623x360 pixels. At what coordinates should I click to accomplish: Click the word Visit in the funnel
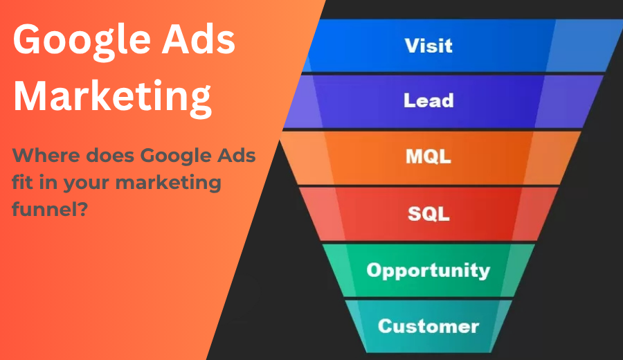[x=428, y=45]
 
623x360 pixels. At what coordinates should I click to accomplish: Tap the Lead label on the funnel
[x=428, y=100]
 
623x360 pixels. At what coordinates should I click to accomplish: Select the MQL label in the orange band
[x=428, y=156]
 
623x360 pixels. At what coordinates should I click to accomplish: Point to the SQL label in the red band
[x=428, y=213]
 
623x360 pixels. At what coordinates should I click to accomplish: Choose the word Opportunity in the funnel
[x=428, y=269]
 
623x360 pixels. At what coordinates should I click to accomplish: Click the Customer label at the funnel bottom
[x=428, y=325]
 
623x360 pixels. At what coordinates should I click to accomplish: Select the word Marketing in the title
[x=112, y=96]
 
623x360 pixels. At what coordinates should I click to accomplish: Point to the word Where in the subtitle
[x=41, y=156]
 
